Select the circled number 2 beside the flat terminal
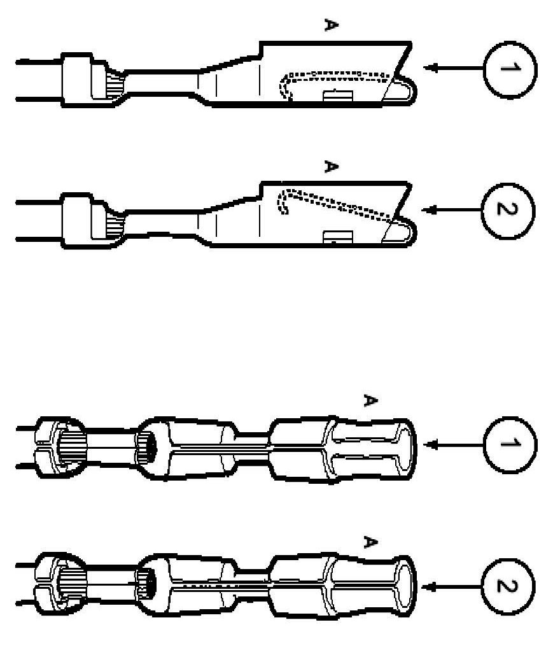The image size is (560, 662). pyautogui.click(x=509, y=209)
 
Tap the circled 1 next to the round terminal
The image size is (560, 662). pyautogui.click(x=509, y=444)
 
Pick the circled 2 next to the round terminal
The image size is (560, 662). pyautogui.click(x=509, y=586)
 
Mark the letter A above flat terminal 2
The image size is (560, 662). pyautogui.click(x=330, y=167)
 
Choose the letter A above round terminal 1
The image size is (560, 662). pyautogui.click(x=370, y=400)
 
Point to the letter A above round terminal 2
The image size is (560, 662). pyautogui.click(x=370, y=542)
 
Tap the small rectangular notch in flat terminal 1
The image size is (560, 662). pyautogui.click(x=337, y=96)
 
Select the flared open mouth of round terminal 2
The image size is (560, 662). pyautogui.click(x=405, y=586)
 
